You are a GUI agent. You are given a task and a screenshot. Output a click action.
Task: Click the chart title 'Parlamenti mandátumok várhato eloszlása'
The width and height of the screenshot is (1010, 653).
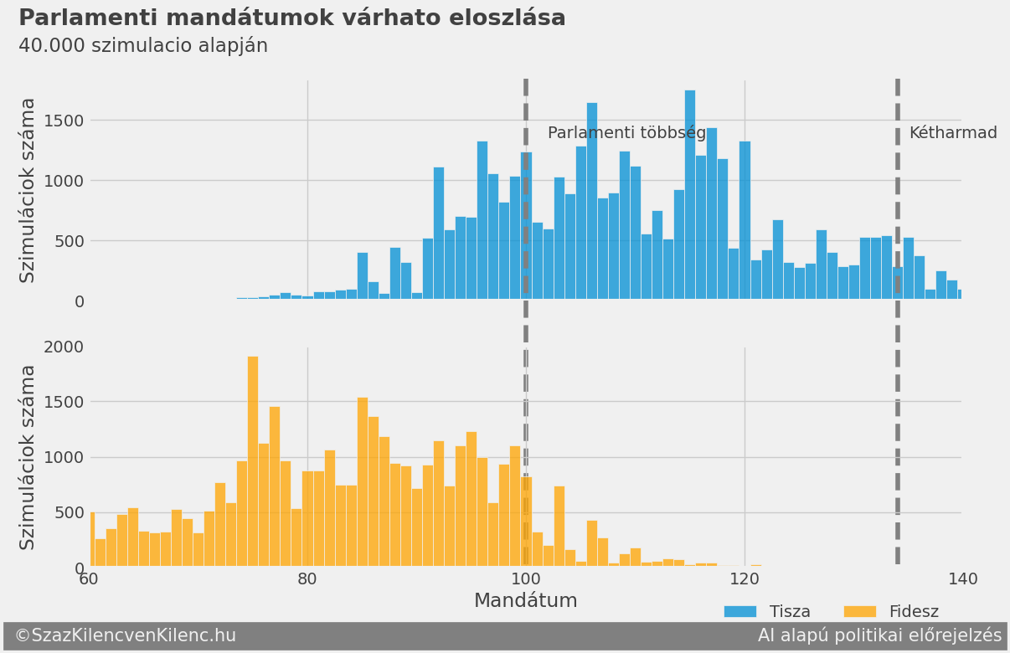coord(291,18)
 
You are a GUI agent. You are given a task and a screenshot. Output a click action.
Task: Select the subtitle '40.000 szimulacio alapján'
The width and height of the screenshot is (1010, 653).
coord(143,46)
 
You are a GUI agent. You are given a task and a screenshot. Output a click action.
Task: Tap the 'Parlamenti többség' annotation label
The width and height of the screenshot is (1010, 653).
coord(626,133)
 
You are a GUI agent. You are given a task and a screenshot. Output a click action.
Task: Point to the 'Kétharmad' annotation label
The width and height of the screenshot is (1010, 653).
coord(953,133)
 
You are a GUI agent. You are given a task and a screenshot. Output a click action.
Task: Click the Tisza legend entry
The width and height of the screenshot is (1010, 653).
coord(767,612)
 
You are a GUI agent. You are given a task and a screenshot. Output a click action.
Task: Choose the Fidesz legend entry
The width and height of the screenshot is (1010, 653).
coord(891,612)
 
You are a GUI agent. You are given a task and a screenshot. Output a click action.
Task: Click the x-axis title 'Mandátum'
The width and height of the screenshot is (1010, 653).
coord(525,600)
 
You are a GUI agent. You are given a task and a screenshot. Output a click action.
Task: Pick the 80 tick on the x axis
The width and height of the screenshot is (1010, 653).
coord(307,578)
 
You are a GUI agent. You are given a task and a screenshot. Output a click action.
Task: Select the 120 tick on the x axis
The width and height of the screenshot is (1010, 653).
coord(745,578)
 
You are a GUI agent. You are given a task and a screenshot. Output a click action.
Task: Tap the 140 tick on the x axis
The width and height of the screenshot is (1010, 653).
coord(962,578)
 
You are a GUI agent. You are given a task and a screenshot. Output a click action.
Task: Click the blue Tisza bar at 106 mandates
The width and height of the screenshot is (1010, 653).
coord(592,201)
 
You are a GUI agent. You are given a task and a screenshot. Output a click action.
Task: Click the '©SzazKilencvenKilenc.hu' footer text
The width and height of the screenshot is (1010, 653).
coord(125,635)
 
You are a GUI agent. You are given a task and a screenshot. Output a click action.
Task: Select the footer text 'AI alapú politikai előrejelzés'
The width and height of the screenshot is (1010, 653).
coord(879,635)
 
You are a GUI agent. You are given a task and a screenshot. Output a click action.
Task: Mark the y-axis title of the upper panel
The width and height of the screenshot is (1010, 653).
coord(28,190)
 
